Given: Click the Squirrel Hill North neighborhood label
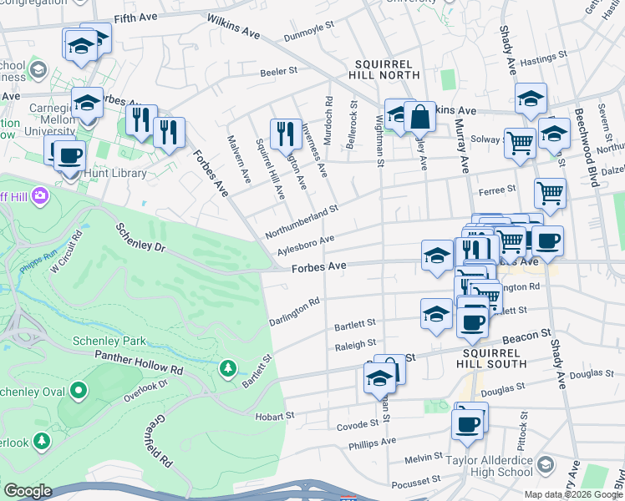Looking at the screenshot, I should coord(386,69).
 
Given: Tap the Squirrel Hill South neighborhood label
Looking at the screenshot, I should coord(494,358).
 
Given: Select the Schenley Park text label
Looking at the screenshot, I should coord(109,341).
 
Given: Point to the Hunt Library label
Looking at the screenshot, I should coord(115,173).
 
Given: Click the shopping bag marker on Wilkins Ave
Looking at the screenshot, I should coord(420,119).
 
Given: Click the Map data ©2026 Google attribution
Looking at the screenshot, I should coord(572,494).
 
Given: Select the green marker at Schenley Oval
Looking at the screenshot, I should coord(78,390).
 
